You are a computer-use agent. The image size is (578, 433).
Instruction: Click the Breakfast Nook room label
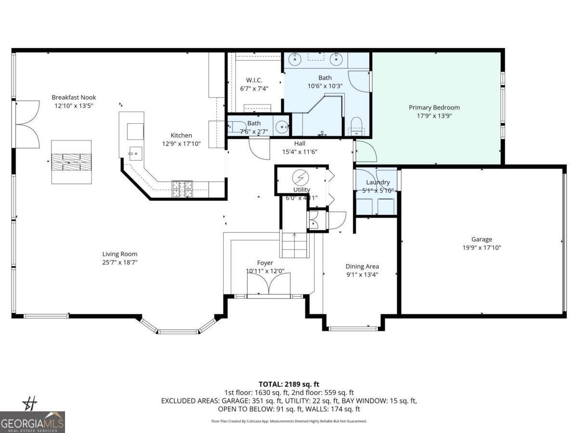[74, 97]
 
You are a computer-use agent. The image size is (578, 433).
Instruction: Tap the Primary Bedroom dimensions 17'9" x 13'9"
[434, 116]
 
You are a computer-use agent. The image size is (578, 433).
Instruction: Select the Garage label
[481, 239]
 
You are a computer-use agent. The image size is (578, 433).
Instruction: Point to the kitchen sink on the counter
[134, 153]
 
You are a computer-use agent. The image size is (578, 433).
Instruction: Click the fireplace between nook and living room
[71, 162]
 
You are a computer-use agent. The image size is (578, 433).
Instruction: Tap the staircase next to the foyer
[294, 245]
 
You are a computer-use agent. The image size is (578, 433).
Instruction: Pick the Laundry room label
[378, 182]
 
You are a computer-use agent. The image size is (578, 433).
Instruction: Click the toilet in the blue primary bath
[356, 125]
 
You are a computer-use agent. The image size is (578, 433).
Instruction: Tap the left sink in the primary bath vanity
[294, 60]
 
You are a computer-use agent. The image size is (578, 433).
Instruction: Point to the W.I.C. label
[254, 80]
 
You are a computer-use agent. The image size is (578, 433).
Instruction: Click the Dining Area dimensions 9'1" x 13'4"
[362, 275]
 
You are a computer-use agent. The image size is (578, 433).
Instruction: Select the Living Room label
[119, 254]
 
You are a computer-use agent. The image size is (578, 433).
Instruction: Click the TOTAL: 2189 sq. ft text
[289, 384]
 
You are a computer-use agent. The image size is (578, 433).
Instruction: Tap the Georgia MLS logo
[32, 422]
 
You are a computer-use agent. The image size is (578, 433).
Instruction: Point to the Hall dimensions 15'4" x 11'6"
[299, 152]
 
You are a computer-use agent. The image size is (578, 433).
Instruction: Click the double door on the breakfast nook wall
[27, 124]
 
